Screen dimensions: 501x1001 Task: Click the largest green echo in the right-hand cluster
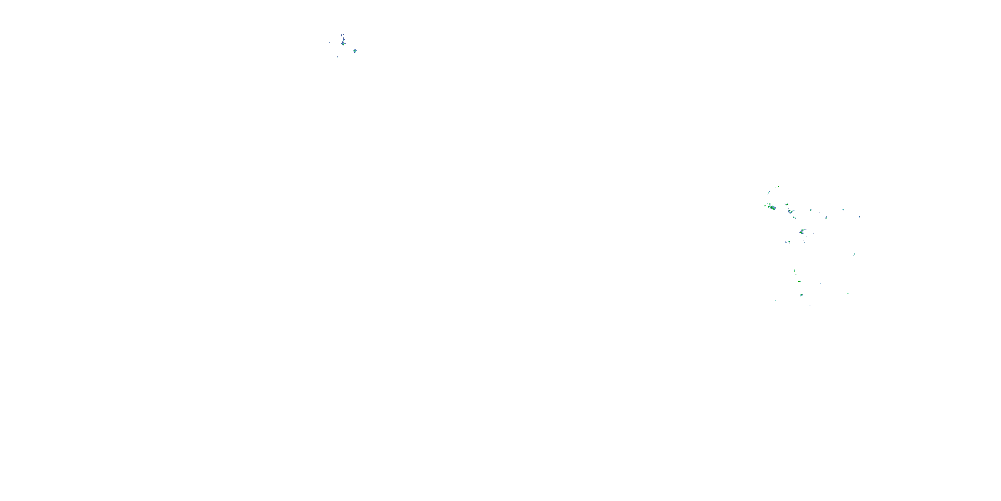tap(772, 207)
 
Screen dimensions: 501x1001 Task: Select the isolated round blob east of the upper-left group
tap(355, 50)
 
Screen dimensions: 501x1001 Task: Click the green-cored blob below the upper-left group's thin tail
tap(343, 43)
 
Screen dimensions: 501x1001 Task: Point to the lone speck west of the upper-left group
tap(330, 43)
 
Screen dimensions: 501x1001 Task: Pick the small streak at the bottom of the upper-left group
tap(337, 57)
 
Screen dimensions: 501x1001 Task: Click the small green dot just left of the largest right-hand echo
tap(765, 206)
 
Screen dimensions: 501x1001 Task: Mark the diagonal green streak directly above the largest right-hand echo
tap(769, 192)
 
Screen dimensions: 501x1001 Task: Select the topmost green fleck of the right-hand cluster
tap(778, 187)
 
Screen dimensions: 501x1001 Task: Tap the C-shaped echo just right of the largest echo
tap(790, 212)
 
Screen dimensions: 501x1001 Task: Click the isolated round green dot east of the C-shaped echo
tap(810, 210)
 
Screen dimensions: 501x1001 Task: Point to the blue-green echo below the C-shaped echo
tap(802, 232)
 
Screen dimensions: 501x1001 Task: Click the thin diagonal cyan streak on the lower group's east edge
tap(854, 255)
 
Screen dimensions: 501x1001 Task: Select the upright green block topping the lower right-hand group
tap(794, 270)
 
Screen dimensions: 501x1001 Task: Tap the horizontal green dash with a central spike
tap(799, 281)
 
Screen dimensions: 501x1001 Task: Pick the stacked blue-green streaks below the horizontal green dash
tap(801, 295)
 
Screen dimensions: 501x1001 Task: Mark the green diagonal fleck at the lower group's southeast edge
tap(848, 294)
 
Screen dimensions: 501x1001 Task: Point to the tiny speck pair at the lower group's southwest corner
tap(775, 300)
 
